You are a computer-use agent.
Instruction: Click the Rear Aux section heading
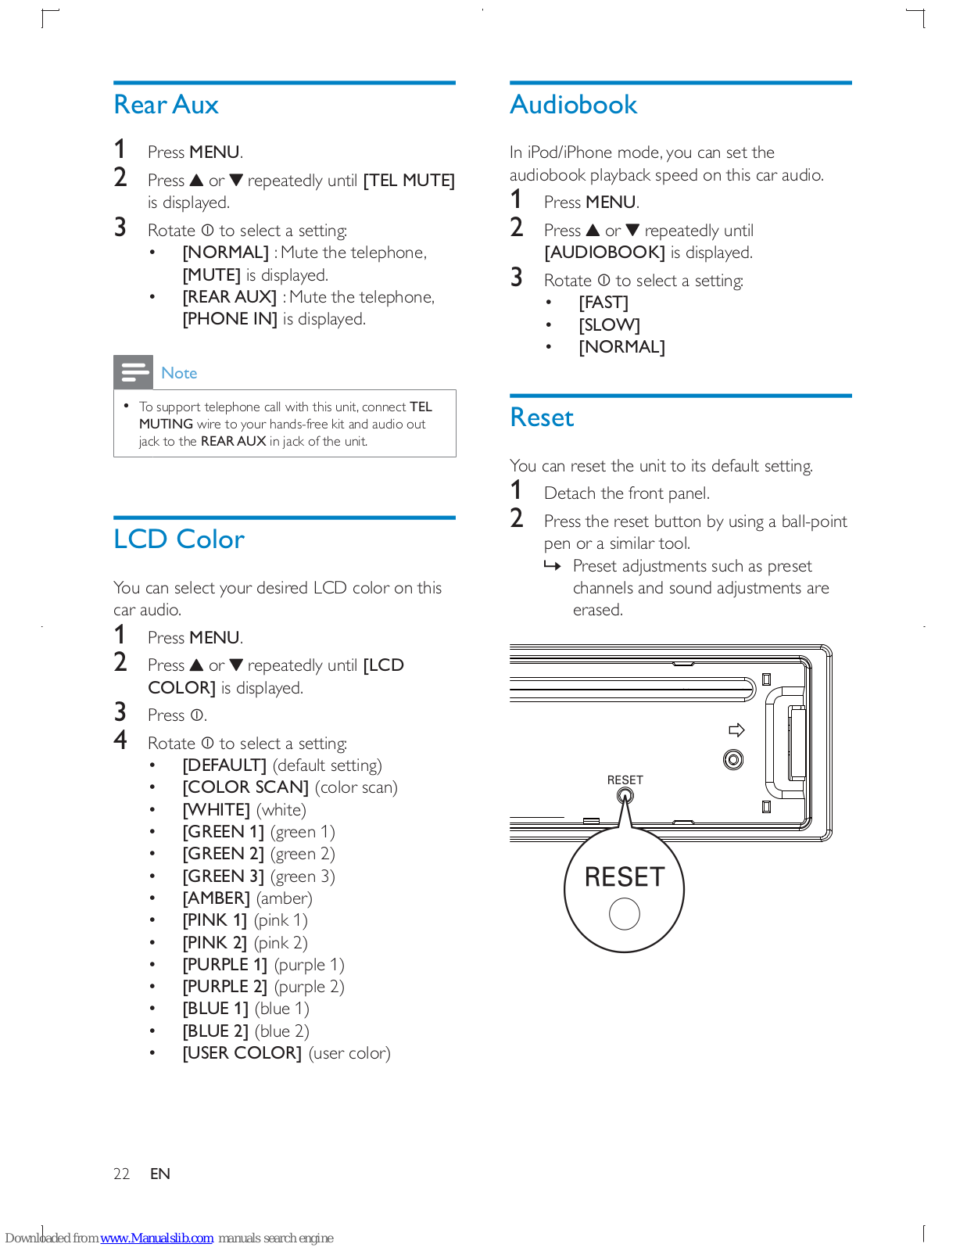[x=166, y=105]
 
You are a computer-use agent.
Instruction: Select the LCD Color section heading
[x=179, y=539]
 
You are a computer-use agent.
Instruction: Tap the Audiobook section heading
[x=573, y=105]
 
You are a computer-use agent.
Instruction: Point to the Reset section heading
[x=542, y=418]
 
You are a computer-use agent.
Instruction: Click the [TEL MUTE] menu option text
[x=409, y=181]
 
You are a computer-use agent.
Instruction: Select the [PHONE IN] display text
[x=230, y=319]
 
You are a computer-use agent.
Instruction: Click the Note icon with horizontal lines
[x=134, y=372]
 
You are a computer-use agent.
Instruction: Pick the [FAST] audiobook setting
[x=603, y=303]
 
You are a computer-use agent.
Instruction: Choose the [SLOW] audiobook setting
[x=609, y=324]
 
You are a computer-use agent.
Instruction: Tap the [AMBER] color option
[x=217, y=898]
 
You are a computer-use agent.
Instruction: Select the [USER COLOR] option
[x=242, y=1053]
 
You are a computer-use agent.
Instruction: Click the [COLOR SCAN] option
[x=245, y=787]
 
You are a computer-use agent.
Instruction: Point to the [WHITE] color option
[x=217, y=810]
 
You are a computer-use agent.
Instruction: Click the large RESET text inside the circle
[x=624, y=877]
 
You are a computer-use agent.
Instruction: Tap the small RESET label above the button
[x=625, y=780]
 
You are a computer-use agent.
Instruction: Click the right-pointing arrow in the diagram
[x=736, y=730]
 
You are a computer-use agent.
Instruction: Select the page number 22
[x=121, y=1174]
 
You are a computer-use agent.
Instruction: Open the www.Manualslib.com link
[x=156, y=1238]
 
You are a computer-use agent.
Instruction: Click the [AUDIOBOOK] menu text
[x=604, y=253]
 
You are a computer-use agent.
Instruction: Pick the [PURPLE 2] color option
[x=225, y=987]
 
